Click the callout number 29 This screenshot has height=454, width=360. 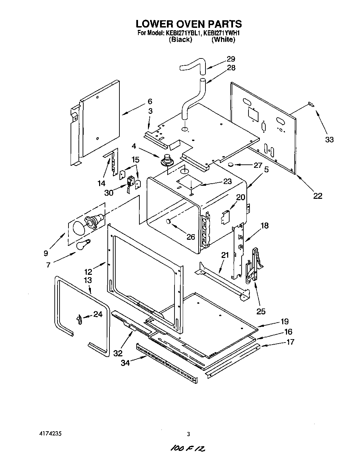pyautogui.click(x=231, y=59)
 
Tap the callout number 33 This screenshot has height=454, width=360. pyautogui.click(x=329, y=140)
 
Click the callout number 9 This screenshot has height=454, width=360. pyautogui.click(x=46, y=253)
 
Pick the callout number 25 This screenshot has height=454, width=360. pyautogui.click(x=261, y=311)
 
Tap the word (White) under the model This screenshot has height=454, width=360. pyautogui.click(x=223, y=40)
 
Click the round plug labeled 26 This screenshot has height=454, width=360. pyautogui.click(x=169, y=221)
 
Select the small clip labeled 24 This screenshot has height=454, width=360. pyautogui.click(x=79, y=319)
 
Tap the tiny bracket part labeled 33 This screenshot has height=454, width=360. pyautogui.click(x=310, y=104)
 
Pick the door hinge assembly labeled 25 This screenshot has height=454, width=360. pyautogui.click(x=254, y=265)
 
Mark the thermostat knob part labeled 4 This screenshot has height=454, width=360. pyautogui.click(x=167, y=160)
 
